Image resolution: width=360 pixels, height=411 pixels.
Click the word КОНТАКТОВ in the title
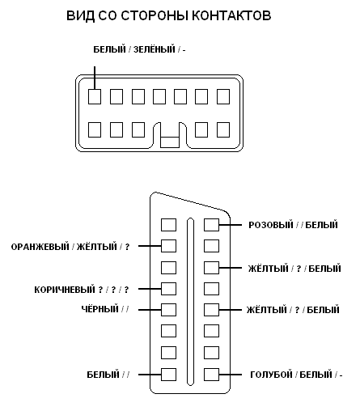[231, 15]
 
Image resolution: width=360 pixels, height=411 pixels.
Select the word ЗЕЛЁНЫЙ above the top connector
[155, 49]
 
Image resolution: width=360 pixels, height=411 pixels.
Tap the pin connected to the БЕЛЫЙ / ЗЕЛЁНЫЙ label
[95, 97]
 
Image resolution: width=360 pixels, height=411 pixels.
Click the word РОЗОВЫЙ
[271, 225]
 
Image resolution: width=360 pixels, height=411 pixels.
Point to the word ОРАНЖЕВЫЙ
[40, 247]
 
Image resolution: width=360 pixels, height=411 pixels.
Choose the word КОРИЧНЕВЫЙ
[65, 290]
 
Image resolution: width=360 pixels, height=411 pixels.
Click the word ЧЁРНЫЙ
[100, 309]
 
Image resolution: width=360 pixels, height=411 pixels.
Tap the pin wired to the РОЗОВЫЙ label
[211, 225]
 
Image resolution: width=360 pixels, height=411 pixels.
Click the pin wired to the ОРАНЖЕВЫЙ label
[168, 246]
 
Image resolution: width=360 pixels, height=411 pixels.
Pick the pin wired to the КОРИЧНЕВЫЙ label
[168, 289]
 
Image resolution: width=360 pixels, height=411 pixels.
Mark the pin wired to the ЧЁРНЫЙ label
[168, 310]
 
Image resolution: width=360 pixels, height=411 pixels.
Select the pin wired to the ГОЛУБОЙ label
[211, 375]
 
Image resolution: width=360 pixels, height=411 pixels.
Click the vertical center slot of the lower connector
[190, 302]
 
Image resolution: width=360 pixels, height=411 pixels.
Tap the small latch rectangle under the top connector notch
[170, 142]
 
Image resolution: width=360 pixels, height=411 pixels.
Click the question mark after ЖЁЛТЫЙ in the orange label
[127, 247]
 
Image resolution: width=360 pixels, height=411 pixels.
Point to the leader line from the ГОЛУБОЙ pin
[231, 375]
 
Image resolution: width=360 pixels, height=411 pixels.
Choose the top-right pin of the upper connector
[223, 97]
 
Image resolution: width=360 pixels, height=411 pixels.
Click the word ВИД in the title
[80, 15]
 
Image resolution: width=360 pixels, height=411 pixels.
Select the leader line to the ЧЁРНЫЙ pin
[150, 310]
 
